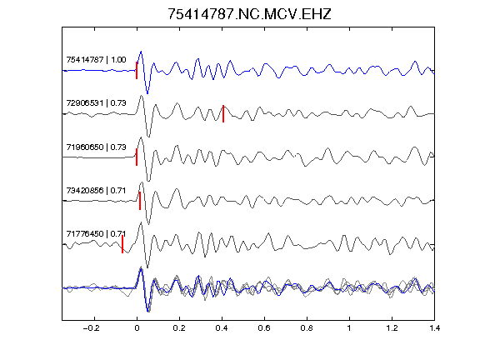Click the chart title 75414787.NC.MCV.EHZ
click(249, 14)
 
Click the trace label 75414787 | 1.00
click(96, 59)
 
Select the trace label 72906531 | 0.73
click(96, 102)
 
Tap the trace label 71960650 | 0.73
click(96, 147)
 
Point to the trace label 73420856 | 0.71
click(96, 190)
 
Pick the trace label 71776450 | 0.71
click(96, 234)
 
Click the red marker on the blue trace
click(137, 70)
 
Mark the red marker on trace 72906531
click(223, 113)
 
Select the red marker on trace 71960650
click(137, 157)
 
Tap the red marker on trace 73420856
click(140, 201)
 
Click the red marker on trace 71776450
click(122, 244)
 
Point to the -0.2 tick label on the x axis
click(92, 328)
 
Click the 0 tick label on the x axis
click(137, 328)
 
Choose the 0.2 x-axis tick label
click(179, 328)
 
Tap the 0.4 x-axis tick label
click(222, 328)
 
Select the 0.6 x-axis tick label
click(264, 328)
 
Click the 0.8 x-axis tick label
click(307, 328)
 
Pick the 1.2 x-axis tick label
click(392, 328)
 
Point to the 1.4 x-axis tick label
click(434, 328)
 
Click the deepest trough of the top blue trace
click(147, 93)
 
